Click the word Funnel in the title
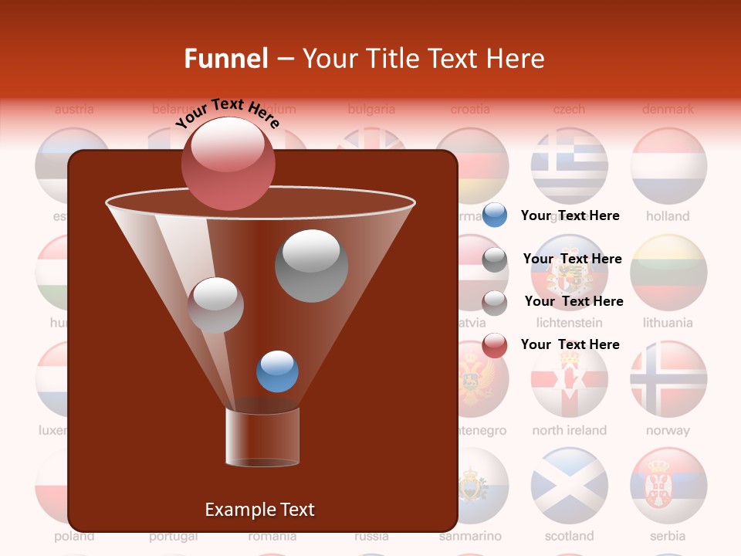(x=226, y=59)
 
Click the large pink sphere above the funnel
(x=228, y=164)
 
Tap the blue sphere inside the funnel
(x=277, y=371)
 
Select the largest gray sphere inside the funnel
(x=311, y=266)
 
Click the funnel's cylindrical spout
(x=262, y=436)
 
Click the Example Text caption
(x=259, y=510)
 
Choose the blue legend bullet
(x=495, y=215)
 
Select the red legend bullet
(x=495, y=345)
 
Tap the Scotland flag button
(x=569, y=486)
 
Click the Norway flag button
(x=668, y=379)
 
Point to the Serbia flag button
(x=668, y=486)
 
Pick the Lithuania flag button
(x=668, y=272)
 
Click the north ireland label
(x=569, y=430)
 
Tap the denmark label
(x=668, y=109)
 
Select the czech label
(x=569, y=109)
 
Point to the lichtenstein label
(x=569, y=323)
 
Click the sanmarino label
(x=470, y=536)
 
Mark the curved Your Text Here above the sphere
(x=227, y=114)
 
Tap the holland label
(x=668, y=216)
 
